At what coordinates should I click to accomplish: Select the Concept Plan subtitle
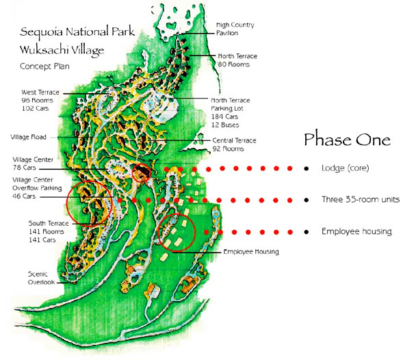click(44, 66)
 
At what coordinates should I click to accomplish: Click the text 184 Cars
click(226, 116)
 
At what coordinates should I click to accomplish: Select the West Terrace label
click(40, 92)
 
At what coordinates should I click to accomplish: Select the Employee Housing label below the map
click(252, 252)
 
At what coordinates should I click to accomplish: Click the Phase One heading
click(347, 140)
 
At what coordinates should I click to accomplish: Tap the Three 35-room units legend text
click(357, 200)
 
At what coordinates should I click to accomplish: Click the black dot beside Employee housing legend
click(306, 232)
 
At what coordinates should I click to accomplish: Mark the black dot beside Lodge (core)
click(306, 168)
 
